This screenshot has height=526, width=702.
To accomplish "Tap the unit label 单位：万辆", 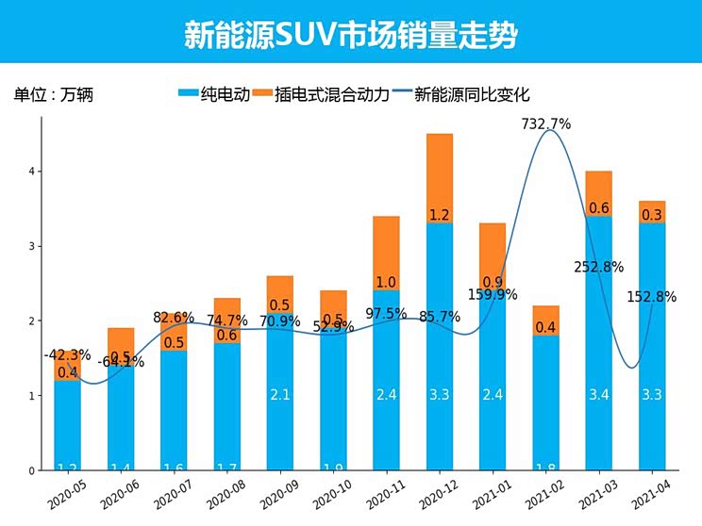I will tap(53, 94).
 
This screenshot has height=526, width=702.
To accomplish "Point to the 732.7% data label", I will tap(546, 123).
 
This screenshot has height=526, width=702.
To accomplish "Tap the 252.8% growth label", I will tap(598, 267).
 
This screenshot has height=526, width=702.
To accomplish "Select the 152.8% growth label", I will tap(652, 297).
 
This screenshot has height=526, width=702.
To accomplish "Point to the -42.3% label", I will tap(67, 355).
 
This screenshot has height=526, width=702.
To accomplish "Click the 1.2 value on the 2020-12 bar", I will tap(440, 215).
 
